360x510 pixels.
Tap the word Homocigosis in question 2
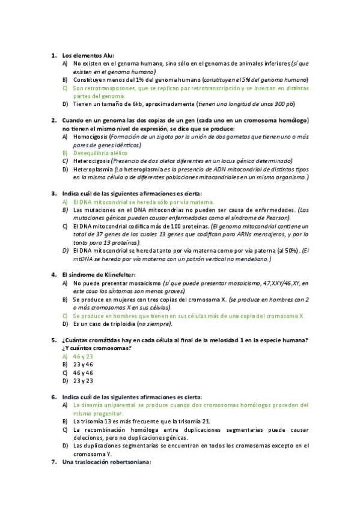pyautogui.click(x=90, y=137)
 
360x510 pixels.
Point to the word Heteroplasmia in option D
pyautogui.click(x=93, y=169)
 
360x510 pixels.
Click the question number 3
pyautogui.click(x=53, y=194)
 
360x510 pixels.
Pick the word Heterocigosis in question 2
pyautogui.click(x=92, y=161)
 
